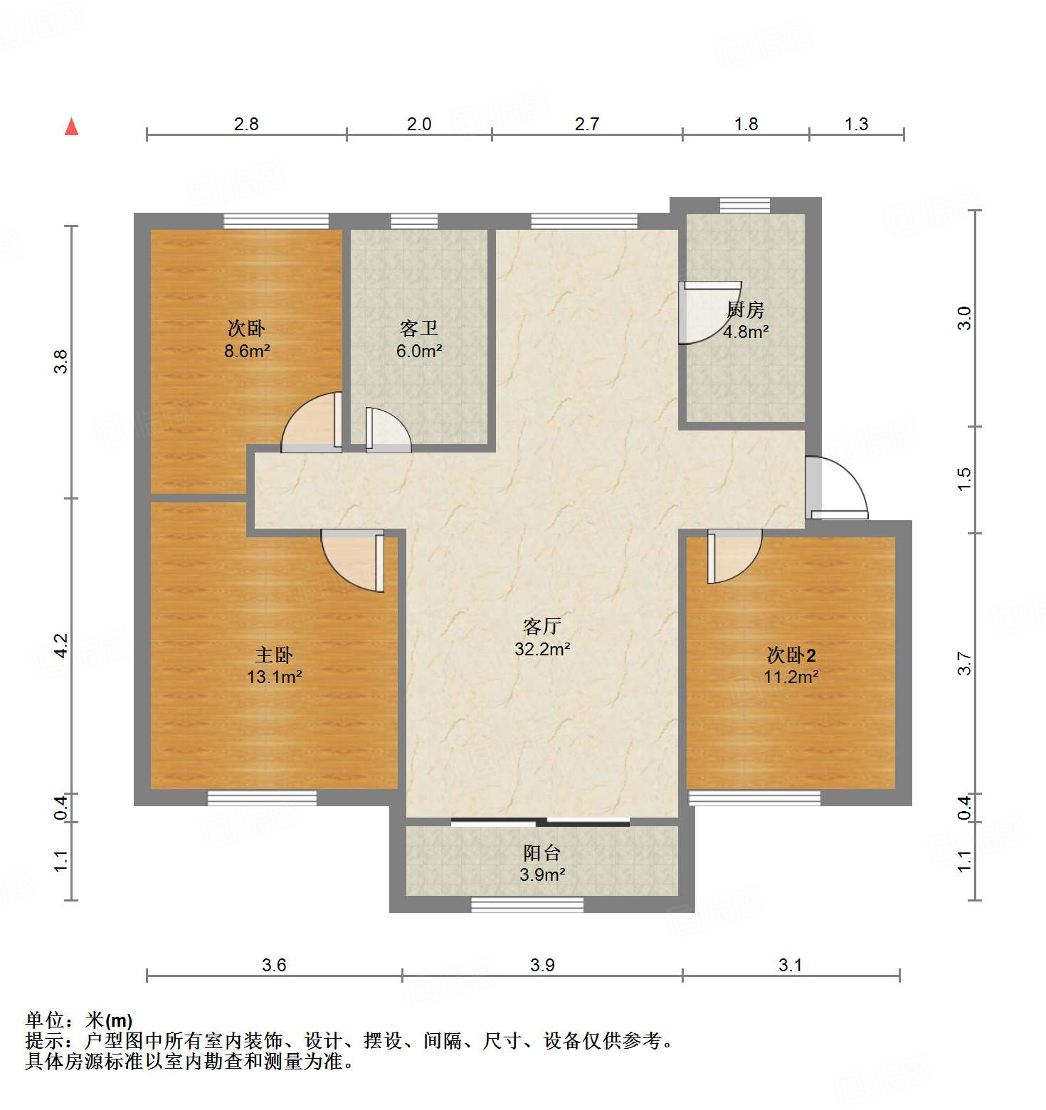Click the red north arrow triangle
(71, 127)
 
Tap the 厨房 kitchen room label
(745, 310)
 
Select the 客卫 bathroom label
(418, 329)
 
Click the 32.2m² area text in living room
(542, 649)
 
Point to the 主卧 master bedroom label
(274, 655)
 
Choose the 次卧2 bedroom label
(791, 655)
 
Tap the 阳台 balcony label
(542, 852)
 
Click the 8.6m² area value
(247, 351)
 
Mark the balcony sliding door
(541, 823)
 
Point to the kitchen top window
(744, 206)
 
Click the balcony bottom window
(527, 904)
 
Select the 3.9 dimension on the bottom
(542, 965)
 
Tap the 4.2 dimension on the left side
(62, 645)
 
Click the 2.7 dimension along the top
(586, 124)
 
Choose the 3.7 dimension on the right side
(964, 663)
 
